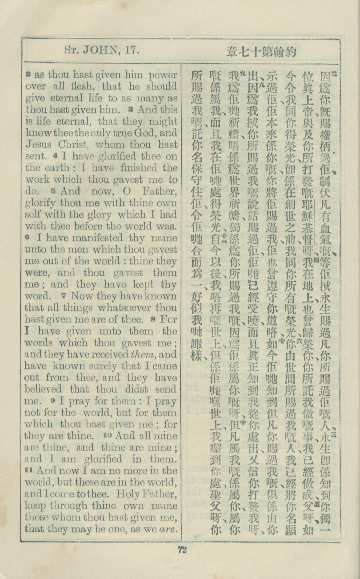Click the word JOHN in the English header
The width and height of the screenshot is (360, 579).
[104, 50]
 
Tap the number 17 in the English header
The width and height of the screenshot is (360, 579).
[131, 50]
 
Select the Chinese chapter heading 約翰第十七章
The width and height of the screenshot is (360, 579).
[261, 51]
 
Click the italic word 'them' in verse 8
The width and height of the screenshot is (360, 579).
[145, 354]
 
